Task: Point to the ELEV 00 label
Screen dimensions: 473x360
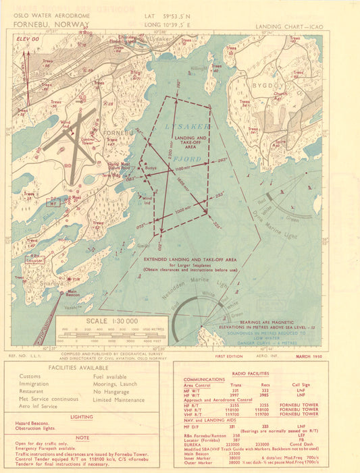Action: coord(28,40)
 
